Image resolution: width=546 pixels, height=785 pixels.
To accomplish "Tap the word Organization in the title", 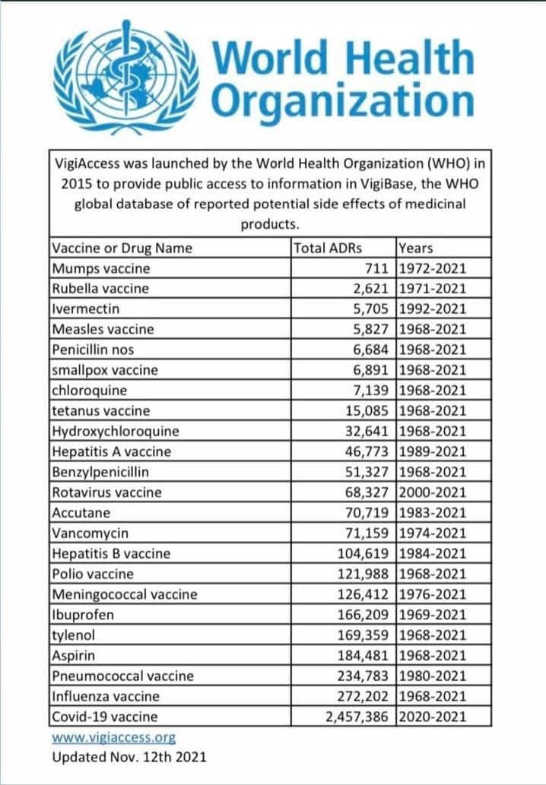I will coord(343,100).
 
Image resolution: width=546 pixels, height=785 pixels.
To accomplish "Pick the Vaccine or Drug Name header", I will coord(122,248).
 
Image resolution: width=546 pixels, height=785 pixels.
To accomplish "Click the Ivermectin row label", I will coord(86,309).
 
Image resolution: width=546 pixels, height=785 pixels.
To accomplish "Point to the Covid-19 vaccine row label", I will coord(105,716).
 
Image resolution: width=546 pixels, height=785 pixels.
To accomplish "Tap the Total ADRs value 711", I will coord(378,268).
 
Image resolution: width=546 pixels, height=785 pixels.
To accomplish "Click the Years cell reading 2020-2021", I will coord(432,716).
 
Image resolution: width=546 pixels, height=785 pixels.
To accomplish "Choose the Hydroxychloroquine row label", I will coord(116,431).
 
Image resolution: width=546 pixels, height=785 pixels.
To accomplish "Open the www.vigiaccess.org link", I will coord(113,737).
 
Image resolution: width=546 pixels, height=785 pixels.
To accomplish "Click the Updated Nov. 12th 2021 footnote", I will coord(129,757).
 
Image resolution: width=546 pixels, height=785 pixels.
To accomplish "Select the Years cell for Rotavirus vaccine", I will coord(432,492).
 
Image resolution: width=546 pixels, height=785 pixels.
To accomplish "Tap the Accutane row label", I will coord(80,512).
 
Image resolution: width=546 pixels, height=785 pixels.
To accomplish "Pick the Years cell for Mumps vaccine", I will coord(432,268).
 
